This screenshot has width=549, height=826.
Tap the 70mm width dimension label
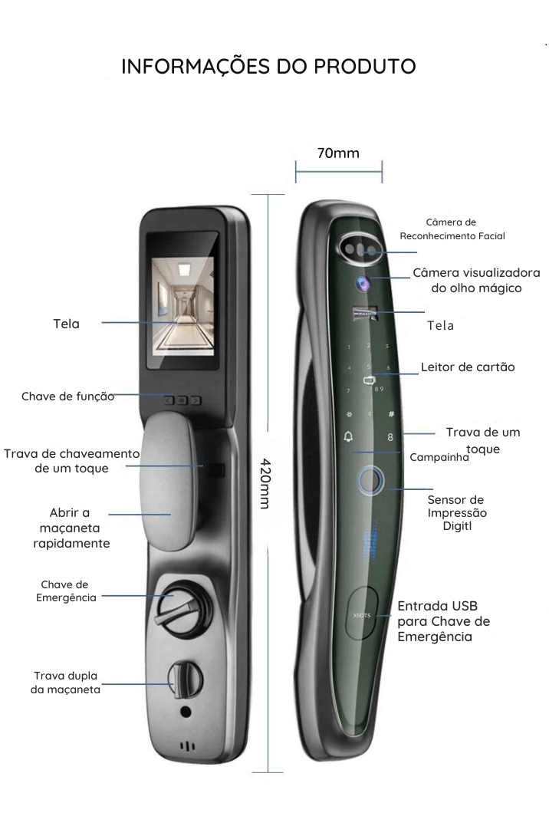[338, 153]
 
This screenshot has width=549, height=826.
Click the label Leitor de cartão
[467, 367]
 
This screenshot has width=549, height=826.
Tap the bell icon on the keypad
[350, 437]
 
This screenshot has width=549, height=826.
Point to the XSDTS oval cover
[361, 614]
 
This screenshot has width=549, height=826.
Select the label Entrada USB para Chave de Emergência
[443, 621]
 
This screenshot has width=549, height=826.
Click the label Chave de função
[67, 397]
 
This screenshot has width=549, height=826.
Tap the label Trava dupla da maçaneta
[66, 683]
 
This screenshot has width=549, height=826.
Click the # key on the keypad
[391, 413]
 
